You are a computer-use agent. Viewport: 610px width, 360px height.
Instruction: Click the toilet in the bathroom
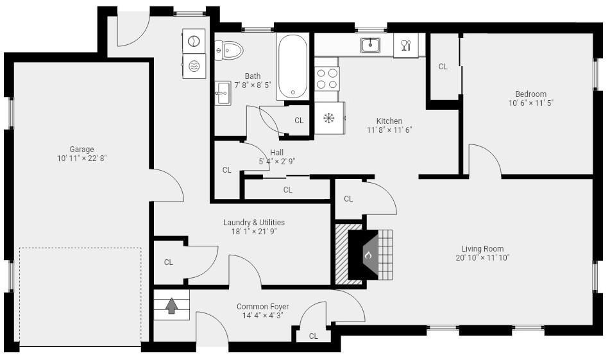point(229,50)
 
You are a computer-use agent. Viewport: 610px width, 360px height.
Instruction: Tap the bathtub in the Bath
point(292,66)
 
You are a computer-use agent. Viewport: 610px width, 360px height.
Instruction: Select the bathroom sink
point(223,93)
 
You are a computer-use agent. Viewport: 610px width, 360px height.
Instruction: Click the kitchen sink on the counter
point(370,45)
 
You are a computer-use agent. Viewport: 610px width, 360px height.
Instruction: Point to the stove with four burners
point(326,78)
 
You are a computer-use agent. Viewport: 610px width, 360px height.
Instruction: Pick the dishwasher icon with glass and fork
point(406,45)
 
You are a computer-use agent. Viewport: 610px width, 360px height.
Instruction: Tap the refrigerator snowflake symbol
point(329,118)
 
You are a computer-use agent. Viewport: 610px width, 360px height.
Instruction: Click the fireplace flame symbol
point(368,255)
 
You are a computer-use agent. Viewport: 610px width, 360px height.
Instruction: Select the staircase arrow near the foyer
point(171,305)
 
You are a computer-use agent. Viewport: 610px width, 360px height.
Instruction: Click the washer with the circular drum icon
point(194,41)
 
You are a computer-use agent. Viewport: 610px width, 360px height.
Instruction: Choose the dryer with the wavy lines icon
point(194,66)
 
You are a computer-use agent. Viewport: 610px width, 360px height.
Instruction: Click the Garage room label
point(81,149)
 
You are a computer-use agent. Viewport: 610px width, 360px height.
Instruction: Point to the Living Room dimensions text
point(482,257)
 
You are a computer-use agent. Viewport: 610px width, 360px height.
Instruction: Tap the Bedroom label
point(530,94)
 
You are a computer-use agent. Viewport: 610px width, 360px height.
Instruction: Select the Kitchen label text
point(389,121)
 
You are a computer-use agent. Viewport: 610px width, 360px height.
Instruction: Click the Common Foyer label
point(262,306)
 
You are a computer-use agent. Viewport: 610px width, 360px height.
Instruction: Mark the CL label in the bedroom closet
point(443,67)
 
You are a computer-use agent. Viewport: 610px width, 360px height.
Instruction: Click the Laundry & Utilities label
point(253,222)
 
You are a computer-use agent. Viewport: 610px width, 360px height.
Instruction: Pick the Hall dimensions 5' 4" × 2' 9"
point(277,161)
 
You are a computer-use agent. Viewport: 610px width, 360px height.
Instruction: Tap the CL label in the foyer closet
point(314,336)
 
